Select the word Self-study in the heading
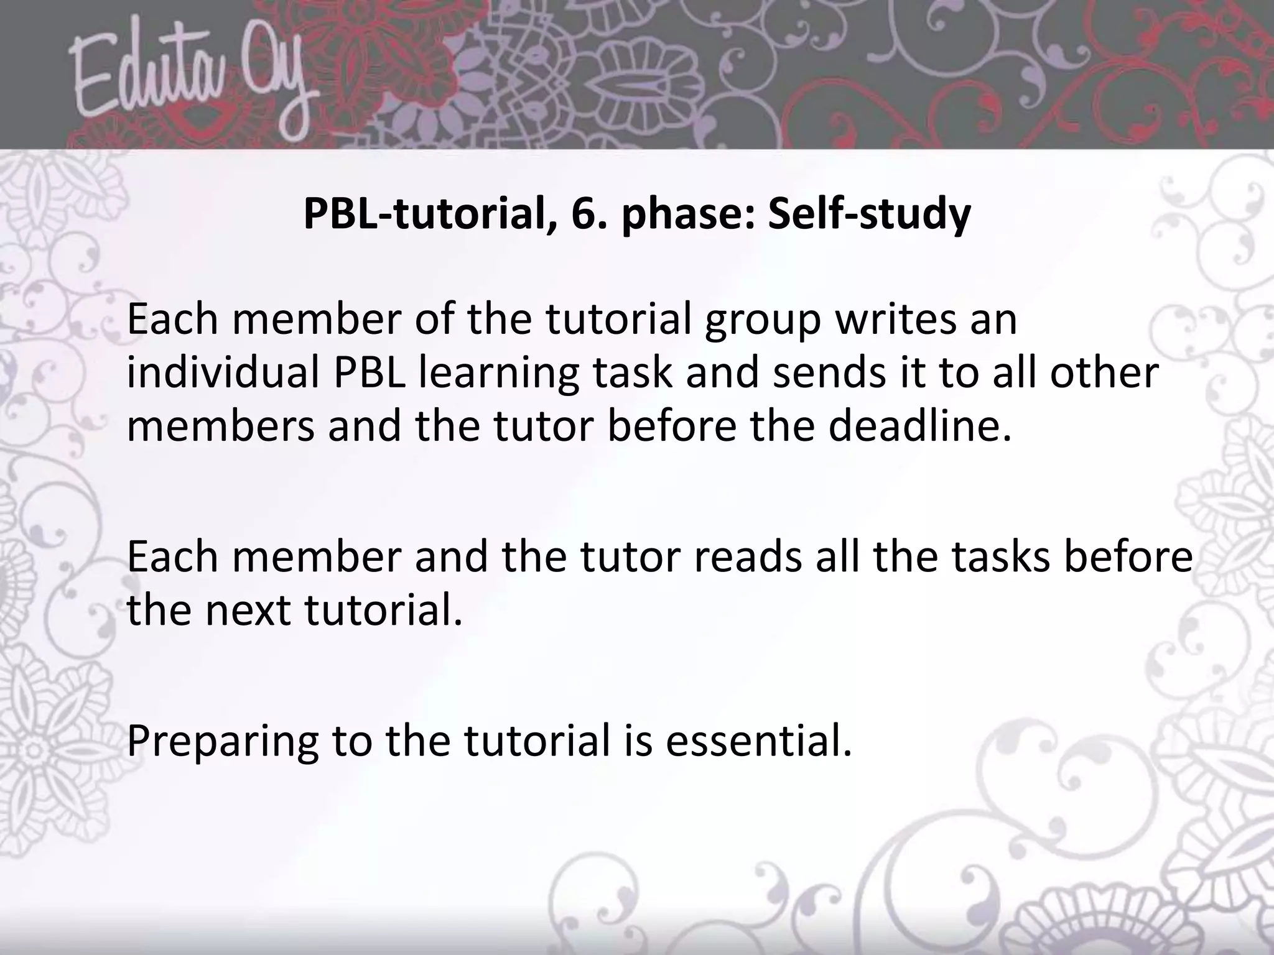click(869, 215)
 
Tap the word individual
click(223, 372)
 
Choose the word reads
click(747, 556)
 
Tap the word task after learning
click(632, 372)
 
